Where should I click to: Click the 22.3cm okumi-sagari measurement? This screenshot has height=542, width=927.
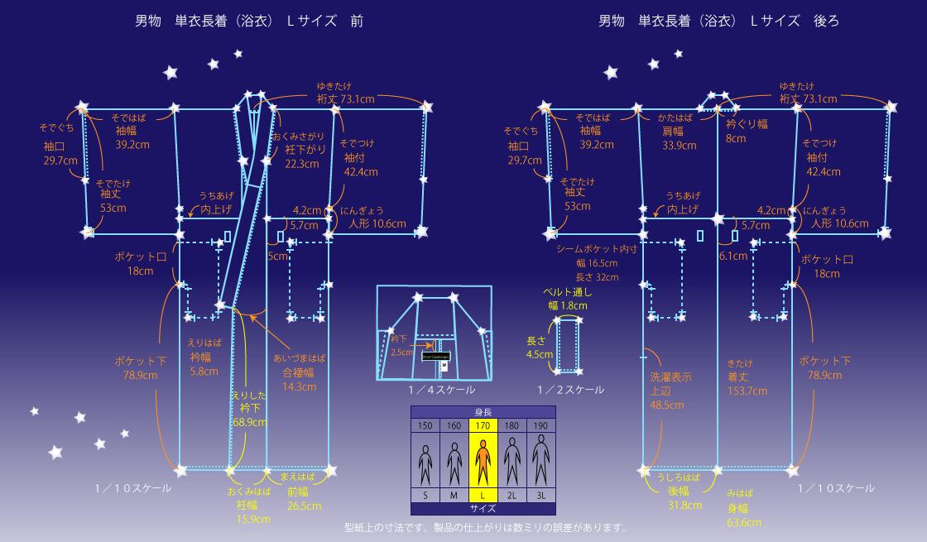[x=302, y=164]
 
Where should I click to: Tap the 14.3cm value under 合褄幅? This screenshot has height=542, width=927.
[x=300, y=386]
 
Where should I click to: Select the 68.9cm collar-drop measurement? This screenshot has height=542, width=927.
[x=249, y=423]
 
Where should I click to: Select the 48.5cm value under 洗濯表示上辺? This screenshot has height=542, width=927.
[x=666, y=405]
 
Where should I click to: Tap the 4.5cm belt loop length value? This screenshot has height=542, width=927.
[x=539, y=354]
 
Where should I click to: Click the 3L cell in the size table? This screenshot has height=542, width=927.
[x=540, y=495]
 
